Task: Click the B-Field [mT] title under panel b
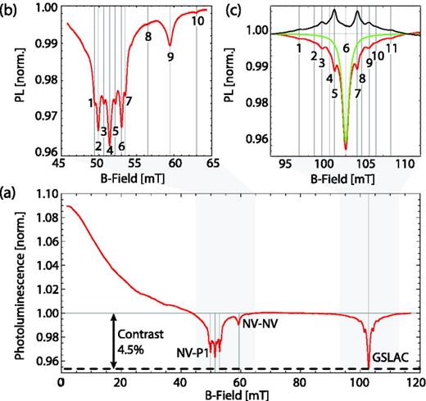[134, 176]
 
